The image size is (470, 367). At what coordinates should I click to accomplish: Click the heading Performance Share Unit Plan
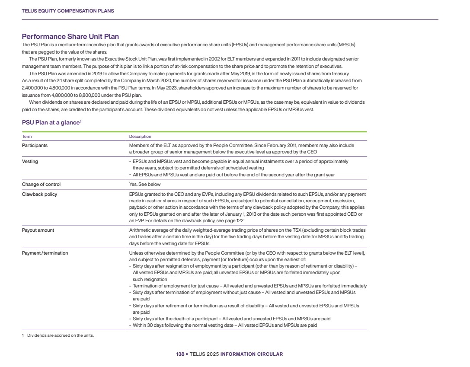click(x=70, y=37)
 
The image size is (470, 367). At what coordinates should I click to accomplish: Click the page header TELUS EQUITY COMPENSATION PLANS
click(x=68, y=11)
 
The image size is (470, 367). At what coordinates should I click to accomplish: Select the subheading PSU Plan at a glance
click(x=51, y=123)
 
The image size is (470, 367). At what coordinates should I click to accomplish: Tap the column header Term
click(x=27, y=137)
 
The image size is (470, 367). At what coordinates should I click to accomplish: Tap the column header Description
click(x=140, y=137)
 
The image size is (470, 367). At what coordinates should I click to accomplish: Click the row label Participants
click(x=35, y=145)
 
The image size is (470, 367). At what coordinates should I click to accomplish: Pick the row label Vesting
click(x=30, y=161)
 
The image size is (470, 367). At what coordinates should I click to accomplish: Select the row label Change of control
click(x=41, y=184)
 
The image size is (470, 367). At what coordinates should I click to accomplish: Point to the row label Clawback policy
click(x=39, y=194)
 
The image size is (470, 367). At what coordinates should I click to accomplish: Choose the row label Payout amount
click(x=38, y=230)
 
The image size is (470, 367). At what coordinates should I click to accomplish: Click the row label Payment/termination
click(x=45, y=253)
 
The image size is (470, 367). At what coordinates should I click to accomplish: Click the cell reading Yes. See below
click(x=145, y=184)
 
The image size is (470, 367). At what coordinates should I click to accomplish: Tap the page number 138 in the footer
click(x=180, y=354)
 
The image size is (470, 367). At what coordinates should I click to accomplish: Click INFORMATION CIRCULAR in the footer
click(x=252, y=354)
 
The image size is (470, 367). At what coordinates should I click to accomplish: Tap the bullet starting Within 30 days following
click(x=225, y=325)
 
